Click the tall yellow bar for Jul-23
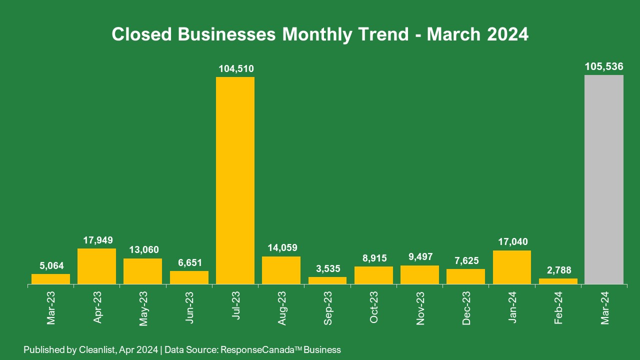[x=235, y=180]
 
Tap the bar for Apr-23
[x=96, y=266]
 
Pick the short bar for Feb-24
[x=558, y=281]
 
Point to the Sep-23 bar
[x=327, y=280]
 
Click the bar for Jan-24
[x=512, y=267]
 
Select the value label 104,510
[x=235, y=68]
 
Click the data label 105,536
[x=604, y=66]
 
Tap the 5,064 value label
[x=50, y=265]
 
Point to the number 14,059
[x=281, y=247]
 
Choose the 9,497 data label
[x=419, y=257]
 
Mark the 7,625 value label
[x=465, y=260]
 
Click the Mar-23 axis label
[x=51, y=308]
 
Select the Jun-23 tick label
[x=189, y=308]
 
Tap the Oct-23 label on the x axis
[x=374, y=308]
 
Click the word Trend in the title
[x=384, y=34]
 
